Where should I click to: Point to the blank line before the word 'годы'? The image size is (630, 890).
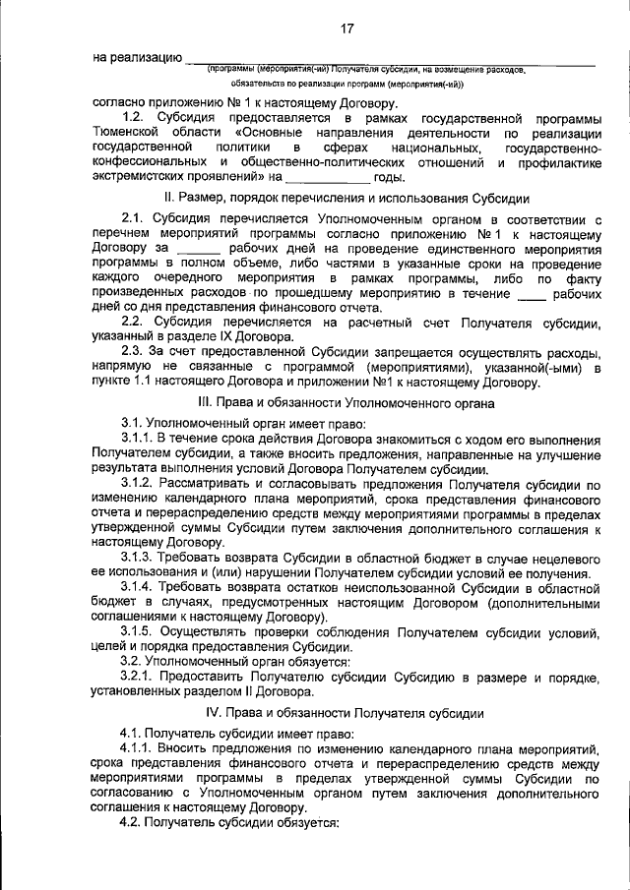[x=329, y=178]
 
